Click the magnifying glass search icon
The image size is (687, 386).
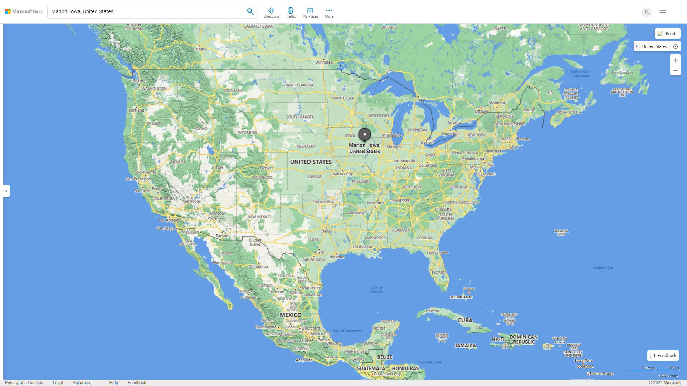pos(250,11)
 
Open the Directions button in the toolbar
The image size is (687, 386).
pos(271,13)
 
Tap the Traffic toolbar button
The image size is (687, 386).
pos(291,13)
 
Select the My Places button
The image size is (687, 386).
pos(310,13)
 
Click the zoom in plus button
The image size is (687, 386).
pos(675,60)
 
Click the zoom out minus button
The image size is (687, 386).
pos(675,70)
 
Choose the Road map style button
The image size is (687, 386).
pos(667,34)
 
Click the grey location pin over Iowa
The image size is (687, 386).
pos(365,134)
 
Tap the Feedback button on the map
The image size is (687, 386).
pos(663,356)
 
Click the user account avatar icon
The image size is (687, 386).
pos(647,12)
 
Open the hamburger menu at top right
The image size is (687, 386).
pos(663,12)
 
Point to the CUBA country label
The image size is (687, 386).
pos(465,320)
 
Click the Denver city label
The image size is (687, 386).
pos(267,168)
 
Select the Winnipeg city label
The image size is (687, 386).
pos(324,62)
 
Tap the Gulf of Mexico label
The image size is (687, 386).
pos(376,290)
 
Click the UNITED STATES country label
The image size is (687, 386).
pos(311,162)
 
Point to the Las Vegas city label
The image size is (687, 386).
pos(192,201)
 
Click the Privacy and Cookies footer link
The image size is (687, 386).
pos(24,383)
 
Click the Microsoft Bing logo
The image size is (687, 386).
pos(24,11)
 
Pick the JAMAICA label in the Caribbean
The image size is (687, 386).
pos(465,346)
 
